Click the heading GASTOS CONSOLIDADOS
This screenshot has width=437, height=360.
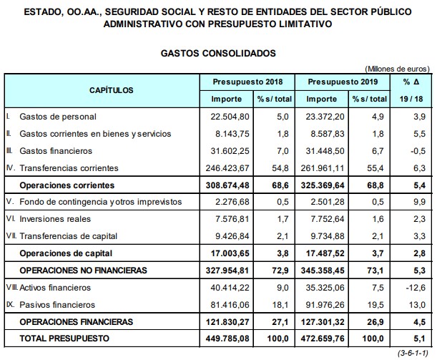coord(217,53)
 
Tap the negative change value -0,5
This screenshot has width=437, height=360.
coord(418,150)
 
